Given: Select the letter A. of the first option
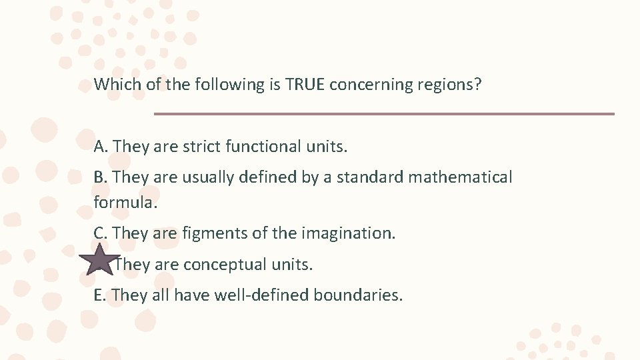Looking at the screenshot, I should click(x=102, y=147).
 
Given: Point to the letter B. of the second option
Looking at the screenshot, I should click(x=101, y=177).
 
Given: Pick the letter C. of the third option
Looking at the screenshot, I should click(x=101, y=233).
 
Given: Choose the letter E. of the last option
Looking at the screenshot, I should click(x=101, y=295).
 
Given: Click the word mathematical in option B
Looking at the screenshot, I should click(x=460, y=177).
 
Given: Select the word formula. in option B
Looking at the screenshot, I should click(x=125, y=202).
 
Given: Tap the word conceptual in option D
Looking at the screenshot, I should click(x=225, y=265).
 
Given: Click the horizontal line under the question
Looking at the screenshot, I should click(x=384, y=114).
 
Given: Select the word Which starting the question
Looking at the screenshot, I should click(x=114, y=85).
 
